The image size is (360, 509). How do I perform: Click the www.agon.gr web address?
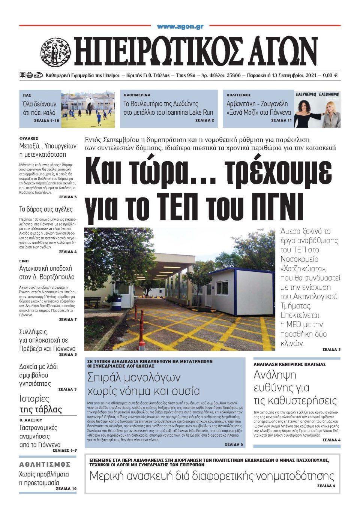(180, 27)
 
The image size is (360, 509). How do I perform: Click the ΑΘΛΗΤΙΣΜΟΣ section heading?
(45, 464)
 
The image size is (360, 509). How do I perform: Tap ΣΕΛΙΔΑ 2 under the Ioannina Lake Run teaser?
(205, 120)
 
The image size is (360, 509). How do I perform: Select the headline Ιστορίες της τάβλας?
(40, 404)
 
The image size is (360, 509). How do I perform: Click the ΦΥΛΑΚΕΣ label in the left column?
(28, 138)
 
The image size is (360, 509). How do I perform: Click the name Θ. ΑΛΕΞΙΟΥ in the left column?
(31, 420)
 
